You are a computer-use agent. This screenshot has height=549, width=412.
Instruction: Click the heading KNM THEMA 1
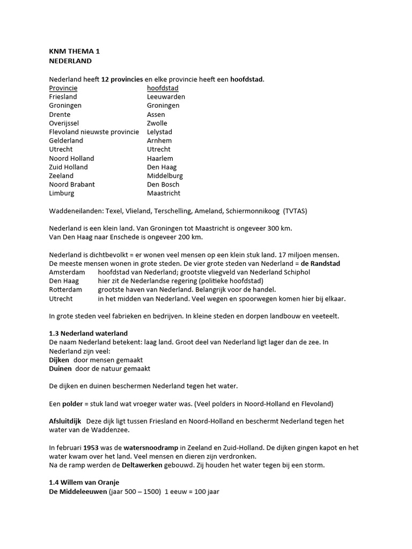pyautogui.click(x=75, y=51)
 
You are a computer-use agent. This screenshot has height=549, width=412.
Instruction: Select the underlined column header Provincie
pyautogui.click(x=63, y=88)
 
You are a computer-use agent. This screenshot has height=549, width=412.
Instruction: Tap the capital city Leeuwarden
pyautogui.click(x=166, y=97)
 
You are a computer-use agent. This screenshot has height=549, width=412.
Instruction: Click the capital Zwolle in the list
pyautogui.click(x=157, y=123)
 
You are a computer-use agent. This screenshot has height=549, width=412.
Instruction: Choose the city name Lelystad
pyautogui.click(x=159, y=132)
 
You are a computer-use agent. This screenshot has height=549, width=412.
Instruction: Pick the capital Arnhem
pyautogui.click(x=159, y=140)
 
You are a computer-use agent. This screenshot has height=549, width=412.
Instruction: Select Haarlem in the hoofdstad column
pyautogui.click(x=160, y=158)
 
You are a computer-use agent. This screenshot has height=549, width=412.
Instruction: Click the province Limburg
pyautogui.click(x=62, y=193)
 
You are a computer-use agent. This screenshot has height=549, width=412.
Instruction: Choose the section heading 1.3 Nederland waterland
pyautogui.click(x=89, y=333)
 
